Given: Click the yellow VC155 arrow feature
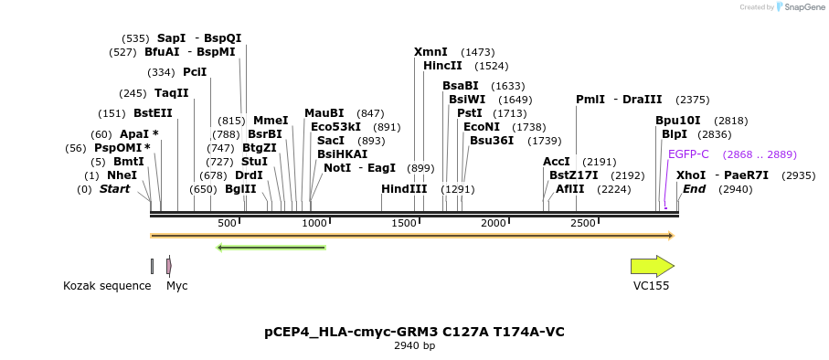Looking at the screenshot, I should point(652,266).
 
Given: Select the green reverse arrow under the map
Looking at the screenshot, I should point(271,247).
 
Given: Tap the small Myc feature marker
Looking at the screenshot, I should point(169,266).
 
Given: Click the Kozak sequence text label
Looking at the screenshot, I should point(107,286).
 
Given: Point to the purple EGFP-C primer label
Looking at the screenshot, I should point(688,154).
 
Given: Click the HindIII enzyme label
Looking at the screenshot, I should point(404,189).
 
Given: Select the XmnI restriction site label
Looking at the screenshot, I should point(430,52).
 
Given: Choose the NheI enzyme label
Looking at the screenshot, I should point(122,175).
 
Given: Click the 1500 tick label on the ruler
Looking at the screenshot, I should point(403,224).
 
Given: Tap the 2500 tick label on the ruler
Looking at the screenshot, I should point(582,224).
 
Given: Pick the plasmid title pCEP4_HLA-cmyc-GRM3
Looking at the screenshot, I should point(414,332).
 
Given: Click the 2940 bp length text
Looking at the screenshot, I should point(414,346).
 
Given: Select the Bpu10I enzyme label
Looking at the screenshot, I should point(677,121).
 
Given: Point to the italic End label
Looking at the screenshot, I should point(694,189).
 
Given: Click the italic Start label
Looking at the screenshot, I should point(114,189).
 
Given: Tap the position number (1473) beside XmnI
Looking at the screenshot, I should point(477,52).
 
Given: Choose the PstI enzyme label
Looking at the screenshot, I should point(469,113).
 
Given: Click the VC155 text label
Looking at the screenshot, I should point(651,286).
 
